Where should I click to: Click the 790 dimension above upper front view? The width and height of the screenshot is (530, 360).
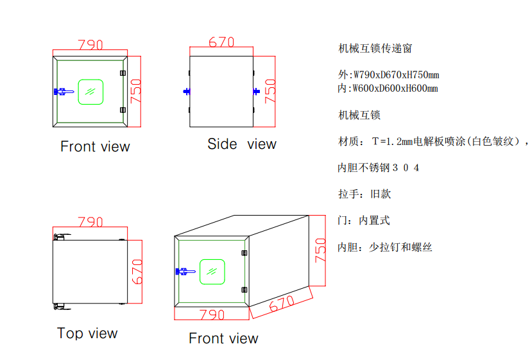click(x=90, y=46)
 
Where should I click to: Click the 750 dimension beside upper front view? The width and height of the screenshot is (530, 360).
click(x=135, y=91)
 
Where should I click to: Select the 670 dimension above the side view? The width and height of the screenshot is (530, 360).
click(x=221, y=42)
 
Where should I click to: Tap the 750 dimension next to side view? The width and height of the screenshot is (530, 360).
click(x=270, y=91)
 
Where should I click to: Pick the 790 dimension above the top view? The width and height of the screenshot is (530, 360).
click(x=90, y=222)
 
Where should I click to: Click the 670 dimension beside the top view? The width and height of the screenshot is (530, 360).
click(x=136, y=272)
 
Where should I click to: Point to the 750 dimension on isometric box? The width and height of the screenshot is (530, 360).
click(x=321, y=250)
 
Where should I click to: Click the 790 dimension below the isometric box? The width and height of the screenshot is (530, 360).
click(x=212, y=314)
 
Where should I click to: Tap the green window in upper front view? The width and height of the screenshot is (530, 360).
click(x=90, y=91)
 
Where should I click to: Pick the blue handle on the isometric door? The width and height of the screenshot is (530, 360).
click(x=185, y=271)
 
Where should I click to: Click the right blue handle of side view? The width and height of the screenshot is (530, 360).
click(x=257, y=92)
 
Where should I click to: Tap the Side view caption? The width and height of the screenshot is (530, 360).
click(x=241, y=144)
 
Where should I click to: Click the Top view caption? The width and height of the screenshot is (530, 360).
click(x=87, y=333)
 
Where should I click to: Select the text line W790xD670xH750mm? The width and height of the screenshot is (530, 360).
click(x=388, y=75)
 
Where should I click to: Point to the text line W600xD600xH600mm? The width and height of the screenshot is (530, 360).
click(x=388, y=89)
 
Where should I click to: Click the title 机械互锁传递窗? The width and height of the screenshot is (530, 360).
click(x=375, y=48)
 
